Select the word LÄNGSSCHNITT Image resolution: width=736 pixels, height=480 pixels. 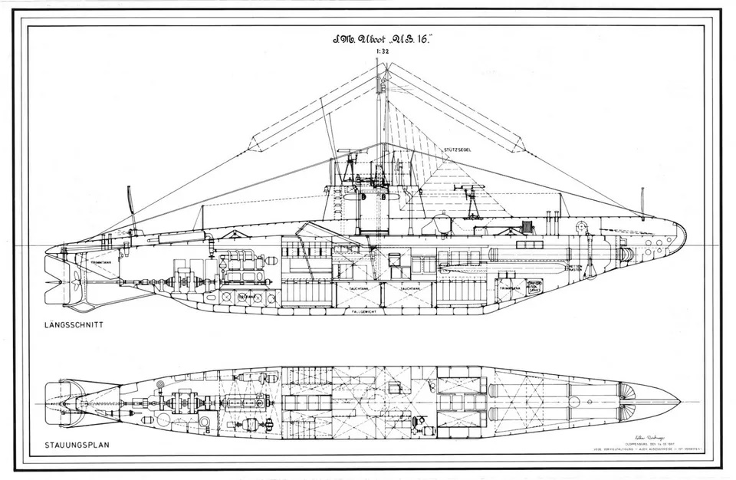coord(74,325)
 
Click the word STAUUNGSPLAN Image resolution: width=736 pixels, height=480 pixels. coord(74,445)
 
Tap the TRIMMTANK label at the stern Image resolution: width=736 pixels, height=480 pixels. coord(102,263)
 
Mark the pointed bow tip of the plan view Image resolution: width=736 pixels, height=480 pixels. coord(678,398)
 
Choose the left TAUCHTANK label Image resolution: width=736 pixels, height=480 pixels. coord(358,288)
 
